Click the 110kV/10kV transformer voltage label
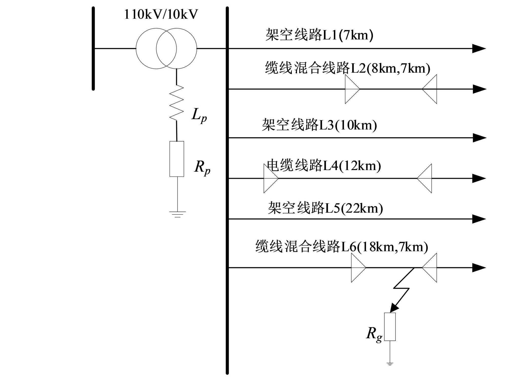coord(161,14)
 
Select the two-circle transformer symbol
coord(166,48)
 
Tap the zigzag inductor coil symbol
coord(176,103)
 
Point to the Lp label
coord(199,115)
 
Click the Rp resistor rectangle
coord(177,159)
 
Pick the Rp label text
coord(202,167)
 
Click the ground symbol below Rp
coord(177,214)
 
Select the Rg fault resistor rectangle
coord(390,327)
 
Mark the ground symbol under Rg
coord(390,364)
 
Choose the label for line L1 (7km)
coord(319,35)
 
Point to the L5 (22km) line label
coord(325,208)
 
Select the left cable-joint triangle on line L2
coord(352,89)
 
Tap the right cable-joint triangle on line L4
coord(425,178)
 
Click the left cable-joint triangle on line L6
coord(358,268)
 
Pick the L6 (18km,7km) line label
coord(341,247)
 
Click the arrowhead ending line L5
coord(479,219)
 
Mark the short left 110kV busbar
coord(93,48)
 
